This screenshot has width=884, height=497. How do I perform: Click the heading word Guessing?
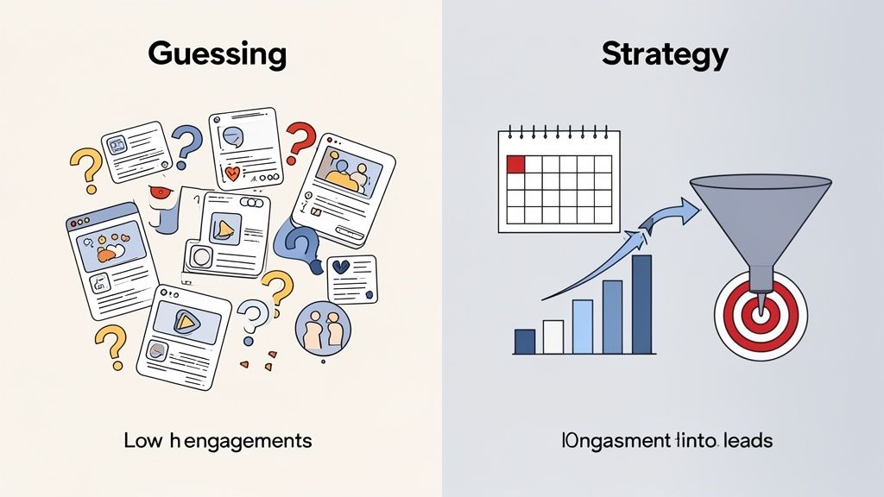[217, 53]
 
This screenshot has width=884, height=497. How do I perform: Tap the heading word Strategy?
[665, 53]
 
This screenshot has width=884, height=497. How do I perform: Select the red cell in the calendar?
[515, 164]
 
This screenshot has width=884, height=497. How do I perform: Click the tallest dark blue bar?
[641, 305]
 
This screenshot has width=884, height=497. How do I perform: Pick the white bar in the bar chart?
[553, 337]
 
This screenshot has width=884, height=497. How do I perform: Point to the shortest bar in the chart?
[524, 342]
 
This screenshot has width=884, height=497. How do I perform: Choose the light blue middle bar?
[583, 326]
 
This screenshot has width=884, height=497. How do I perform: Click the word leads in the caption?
[748, 441]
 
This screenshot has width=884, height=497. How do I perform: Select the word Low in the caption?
[141, 441]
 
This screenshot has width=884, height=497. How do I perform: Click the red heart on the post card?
[232, 173]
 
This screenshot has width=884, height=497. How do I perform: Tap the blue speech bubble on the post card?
[232, 135]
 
